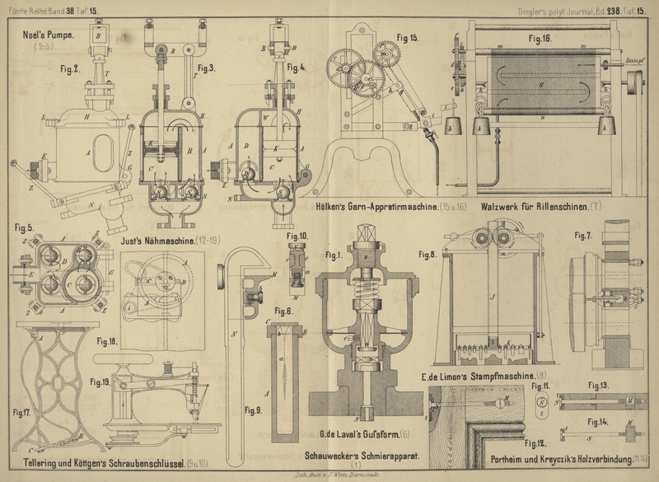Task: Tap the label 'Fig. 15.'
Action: coord(408,38)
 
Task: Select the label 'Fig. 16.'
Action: coord(540,39)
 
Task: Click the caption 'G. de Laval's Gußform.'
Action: coord(359,433)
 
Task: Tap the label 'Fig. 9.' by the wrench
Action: coord(255,409)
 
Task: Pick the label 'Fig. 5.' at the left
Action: coord(25,227)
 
